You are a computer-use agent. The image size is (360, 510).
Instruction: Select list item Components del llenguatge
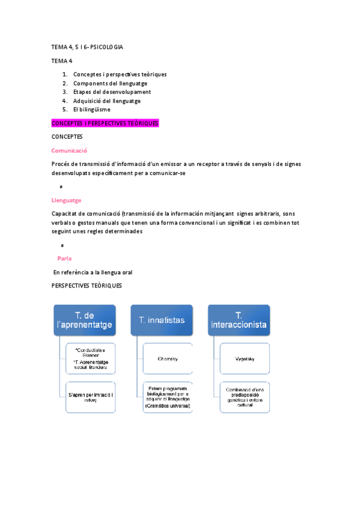tap(111, 83)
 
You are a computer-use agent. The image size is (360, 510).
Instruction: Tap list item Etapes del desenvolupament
tap(112, 92)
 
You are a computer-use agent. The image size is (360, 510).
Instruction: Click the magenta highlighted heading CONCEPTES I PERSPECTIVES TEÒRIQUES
tap(105, 123)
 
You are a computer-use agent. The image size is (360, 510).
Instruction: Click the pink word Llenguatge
tap(67, 200)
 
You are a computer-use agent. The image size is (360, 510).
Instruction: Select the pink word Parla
tap(64, 258)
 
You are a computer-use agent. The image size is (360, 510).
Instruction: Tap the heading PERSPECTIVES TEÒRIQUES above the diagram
tap(87, 285)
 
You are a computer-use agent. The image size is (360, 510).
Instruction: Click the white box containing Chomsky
tap(168, 358)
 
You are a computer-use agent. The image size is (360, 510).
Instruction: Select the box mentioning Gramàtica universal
tap(168, 397)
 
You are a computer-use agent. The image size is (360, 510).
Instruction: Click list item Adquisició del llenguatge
tap(107, 101)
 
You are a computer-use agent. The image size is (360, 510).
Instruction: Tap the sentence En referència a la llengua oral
tap(89, 272)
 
